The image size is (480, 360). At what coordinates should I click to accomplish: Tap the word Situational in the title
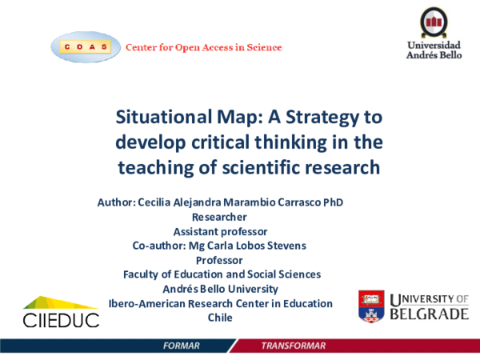pos(163,118)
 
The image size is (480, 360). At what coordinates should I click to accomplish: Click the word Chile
pos(219,318)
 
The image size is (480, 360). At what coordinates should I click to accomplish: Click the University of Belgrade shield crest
pos(372,306)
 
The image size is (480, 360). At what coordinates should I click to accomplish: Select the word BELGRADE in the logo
pos(430,314)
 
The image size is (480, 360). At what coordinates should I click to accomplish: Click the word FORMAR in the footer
pos(180,346)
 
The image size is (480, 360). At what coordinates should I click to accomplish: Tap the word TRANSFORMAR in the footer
pos(294,346)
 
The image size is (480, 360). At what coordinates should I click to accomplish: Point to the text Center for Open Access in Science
pos(203,47)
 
